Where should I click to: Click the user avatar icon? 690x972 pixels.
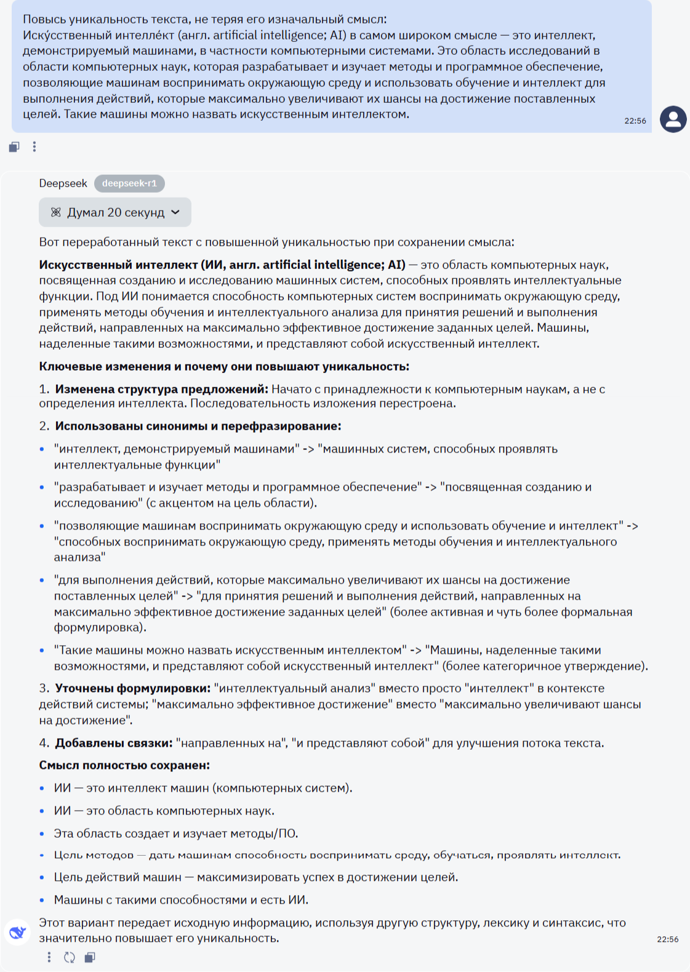(673, 119)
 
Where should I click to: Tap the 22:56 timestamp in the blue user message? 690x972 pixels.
(635, 121)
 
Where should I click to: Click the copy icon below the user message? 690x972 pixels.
(14, 147)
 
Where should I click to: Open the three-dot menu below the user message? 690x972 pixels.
(34, 147)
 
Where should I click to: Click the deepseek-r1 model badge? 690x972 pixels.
(129, 183)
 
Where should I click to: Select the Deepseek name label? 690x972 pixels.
(63, 183)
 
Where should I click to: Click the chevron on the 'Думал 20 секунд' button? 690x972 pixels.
(175, 212)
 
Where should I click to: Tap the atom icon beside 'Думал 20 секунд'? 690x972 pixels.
(55, 212)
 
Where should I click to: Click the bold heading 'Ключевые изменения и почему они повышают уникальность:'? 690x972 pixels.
(224, 367)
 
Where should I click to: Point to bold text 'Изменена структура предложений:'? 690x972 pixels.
(161, 390)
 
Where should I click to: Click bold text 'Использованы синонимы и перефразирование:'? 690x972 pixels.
(198, 426)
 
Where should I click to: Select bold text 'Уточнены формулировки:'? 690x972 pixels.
(132, 688)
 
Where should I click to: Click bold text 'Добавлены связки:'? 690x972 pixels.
(113, 743)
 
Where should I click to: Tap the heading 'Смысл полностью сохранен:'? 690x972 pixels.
(124, 765)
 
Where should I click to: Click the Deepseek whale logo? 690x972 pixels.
(18, 931)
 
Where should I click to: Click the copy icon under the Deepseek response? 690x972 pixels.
(90, 957)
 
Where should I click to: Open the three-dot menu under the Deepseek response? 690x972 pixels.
(49, 957)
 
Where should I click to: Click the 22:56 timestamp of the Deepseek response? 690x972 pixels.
(667, 939)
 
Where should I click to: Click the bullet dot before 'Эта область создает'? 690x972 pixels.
(42, 834)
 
